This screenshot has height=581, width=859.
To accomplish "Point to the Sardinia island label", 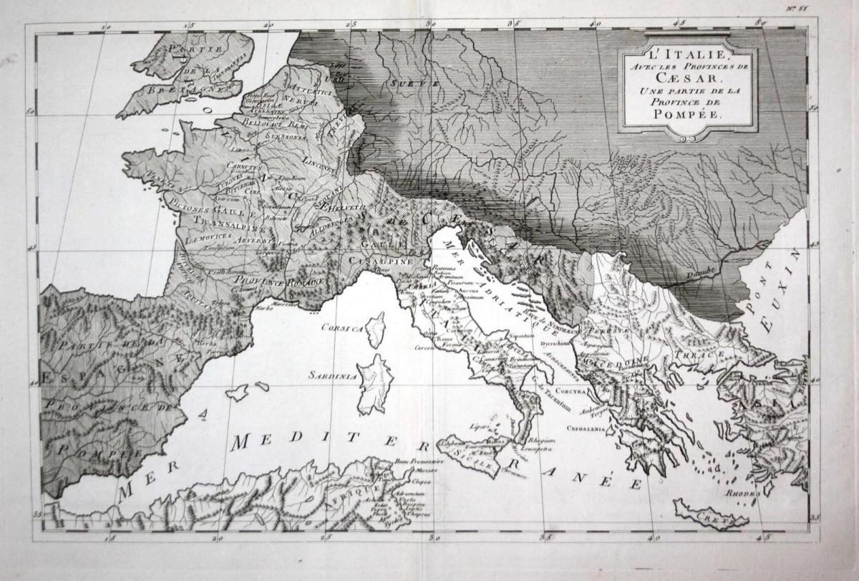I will (x=330, y=375).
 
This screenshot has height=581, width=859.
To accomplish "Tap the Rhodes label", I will (x=741, y=494).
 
